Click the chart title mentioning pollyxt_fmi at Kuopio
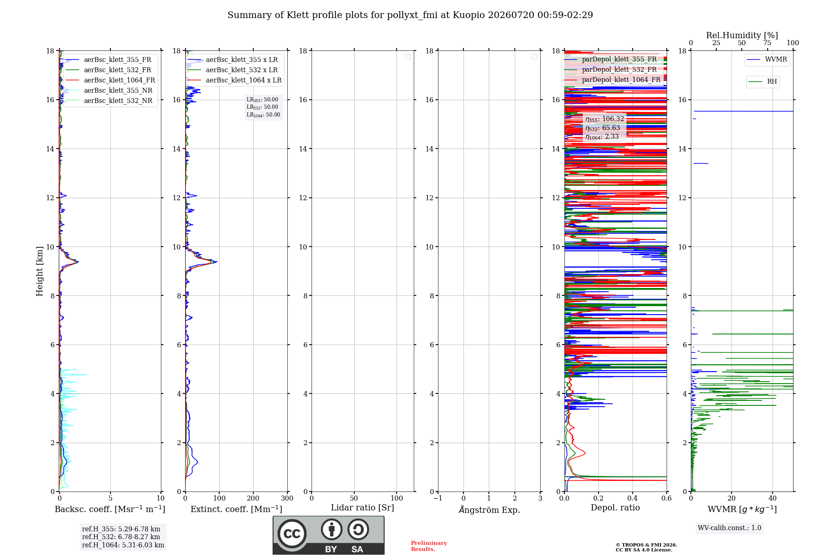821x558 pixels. (410, 15)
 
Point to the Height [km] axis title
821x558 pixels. (39, 271)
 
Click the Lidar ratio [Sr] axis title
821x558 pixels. (362, 508)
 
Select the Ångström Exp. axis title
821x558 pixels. (489, 510)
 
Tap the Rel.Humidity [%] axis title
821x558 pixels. (742, 35)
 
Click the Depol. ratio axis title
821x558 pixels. (615, 508)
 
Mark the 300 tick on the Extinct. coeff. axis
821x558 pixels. (287, 498)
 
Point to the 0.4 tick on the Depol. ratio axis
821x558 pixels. (633, 498)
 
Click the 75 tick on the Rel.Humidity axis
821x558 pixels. (767, 43)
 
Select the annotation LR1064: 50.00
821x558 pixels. (263, 115)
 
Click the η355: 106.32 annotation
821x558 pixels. (605, 119)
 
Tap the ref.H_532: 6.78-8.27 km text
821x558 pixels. (121, 537)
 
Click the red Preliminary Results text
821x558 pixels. (429, 546)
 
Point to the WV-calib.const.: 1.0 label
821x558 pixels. (729, 528)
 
